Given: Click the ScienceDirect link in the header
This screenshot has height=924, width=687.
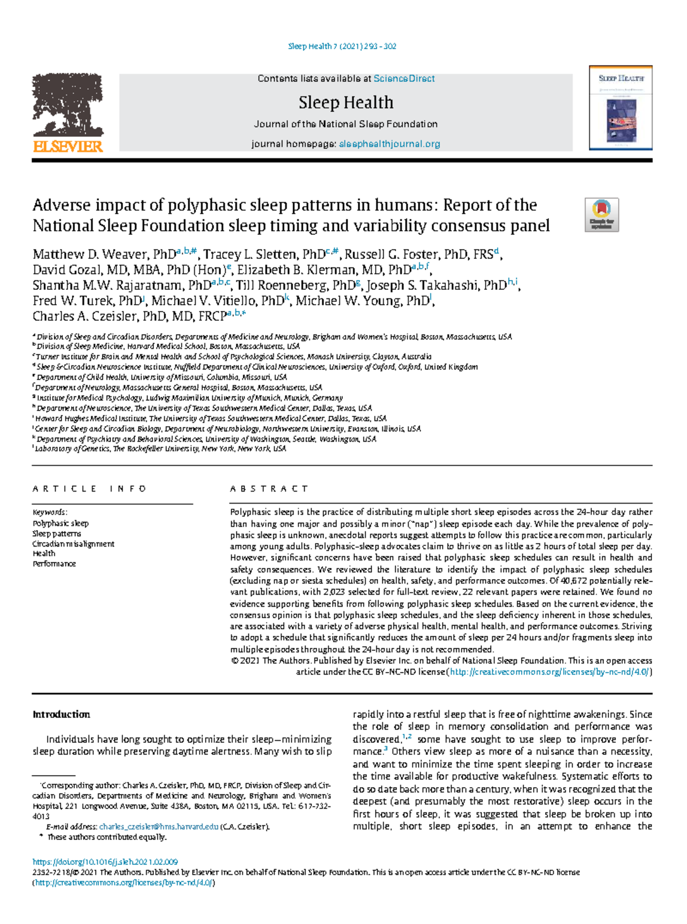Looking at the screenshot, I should (x=404, y=78).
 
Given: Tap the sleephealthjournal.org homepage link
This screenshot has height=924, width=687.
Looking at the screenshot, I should (x=389, y=144).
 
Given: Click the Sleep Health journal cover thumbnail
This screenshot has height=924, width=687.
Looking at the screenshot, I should (x=621, y=108).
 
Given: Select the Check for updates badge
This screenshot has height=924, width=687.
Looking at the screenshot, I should (x=601, y=215).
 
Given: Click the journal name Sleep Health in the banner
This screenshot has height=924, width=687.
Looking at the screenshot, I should (x=346, y=103).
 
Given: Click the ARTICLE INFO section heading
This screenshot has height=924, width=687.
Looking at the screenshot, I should (x=90, y=489).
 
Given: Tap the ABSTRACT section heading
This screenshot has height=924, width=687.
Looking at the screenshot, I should (x=269, y=489).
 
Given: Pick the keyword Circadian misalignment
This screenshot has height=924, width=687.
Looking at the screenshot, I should (x=73, y=544).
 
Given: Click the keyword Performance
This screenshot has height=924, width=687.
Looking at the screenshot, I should (x=54, y=564).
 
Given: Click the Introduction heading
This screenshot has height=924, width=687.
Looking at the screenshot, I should (x=61, y=714).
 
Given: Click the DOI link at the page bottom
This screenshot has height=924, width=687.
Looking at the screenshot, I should (x=105, y=862).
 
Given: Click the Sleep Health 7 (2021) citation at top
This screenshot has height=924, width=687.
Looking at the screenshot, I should (x=342, y=46).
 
